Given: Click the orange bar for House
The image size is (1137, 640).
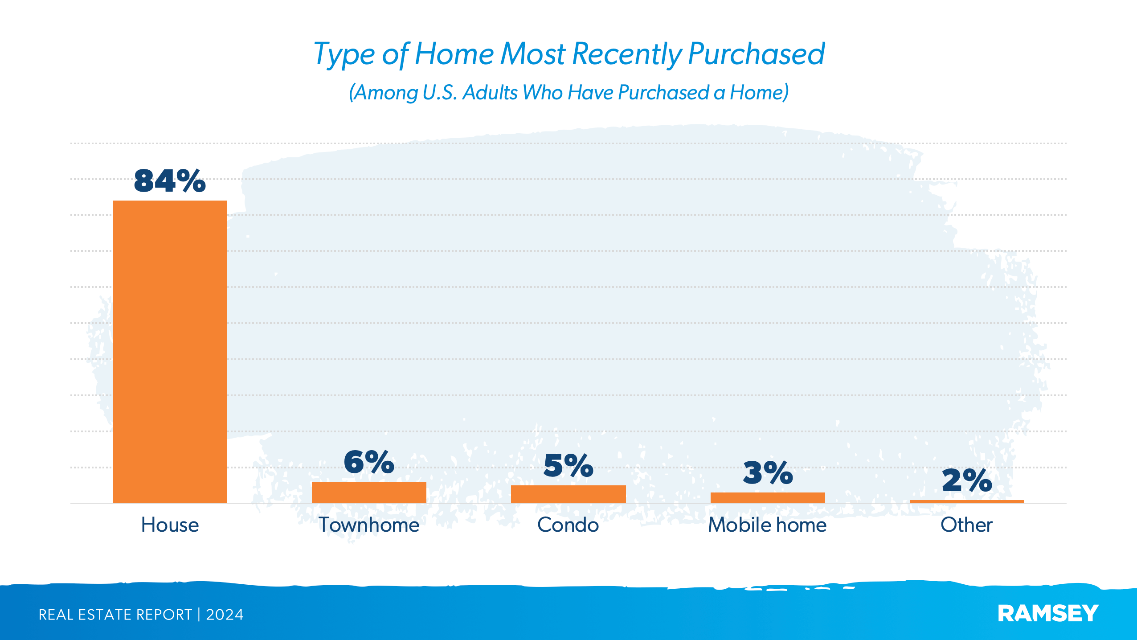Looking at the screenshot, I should tap(170, 352).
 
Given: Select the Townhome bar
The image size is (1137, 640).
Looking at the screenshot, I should tap(369, 492).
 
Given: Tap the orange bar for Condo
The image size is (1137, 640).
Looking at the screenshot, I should tap(568, 494).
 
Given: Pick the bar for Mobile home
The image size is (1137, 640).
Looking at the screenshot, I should tap(767, 498).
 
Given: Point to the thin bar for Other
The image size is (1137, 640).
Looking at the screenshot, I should tap(967, 501).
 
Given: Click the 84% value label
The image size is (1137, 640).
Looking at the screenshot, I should tap(170, 181).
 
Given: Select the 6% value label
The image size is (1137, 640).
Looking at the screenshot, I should tap(369, 462).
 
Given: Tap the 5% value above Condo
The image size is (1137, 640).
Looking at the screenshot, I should tap(568, 466).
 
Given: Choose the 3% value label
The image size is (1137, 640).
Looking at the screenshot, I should tap(768, 473).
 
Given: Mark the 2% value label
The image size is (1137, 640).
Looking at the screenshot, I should tap(967, 480).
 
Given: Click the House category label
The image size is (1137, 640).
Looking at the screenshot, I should tap(170, 525).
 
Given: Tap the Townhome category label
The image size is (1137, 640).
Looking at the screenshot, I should tap(369, 525).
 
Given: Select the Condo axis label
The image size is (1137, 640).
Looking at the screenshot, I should tap(568, 525).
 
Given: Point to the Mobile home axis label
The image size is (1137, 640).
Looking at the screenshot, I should tap(767, 525).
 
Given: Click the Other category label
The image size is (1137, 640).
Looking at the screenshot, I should tap(966, 525).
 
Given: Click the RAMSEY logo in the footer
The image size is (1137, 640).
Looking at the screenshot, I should tap(1048, 614).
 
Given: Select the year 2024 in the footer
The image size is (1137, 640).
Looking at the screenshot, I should tap(225, 615).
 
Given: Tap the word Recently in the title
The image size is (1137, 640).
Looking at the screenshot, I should tap(626, 54).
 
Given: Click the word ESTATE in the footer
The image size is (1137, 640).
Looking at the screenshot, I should tap(105, 615).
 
